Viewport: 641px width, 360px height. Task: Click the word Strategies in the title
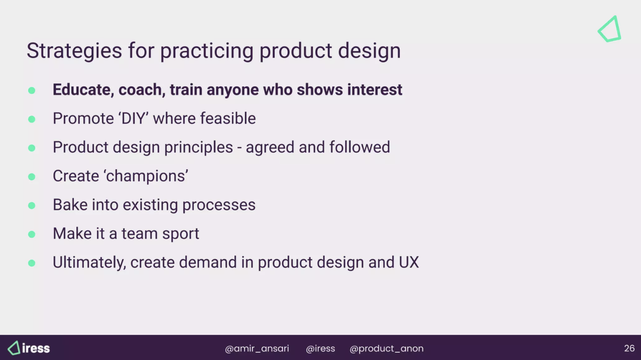pos(74,51)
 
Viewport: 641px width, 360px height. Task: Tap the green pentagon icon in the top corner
pos(610,29)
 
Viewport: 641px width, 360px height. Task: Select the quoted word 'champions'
pos(146,176)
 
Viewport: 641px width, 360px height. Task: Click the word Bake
pos(69,205)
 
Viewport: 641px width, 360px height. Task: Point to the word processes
pos(219,205)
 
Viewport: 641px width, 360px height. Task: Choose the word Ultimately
pos(89,263)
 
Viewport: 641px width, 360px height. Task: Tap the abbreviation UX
pos(409,263)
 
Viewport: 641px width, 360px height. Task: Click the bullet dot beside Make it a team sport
pos(32,234)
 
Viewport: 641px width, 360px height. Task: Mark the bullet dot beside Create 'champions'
pos(32,177)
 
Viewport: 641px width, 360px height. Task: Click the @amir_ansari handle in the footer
pos(257,348)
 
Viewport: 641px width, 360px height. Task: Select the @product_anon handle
pos(386,348)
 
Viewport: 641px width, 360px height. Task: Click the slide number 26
pos(629,348)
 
